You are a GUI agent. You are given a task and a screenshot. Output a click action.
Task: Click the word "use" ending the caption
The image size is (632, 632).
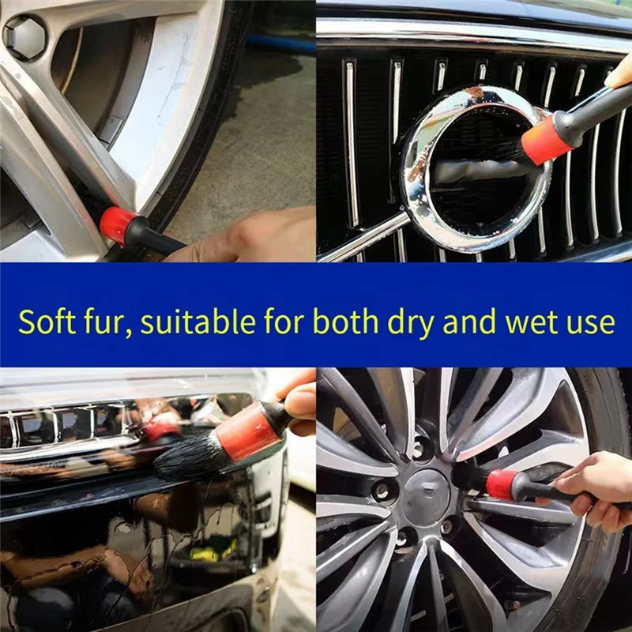(591, 324)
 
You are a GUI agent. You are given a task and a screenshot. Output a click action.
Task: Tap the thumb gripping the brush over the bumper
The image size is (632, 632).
(300, 402)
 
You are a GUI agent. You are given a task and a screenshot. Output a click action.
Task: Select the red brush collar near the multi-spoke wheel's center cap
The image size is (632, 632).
(502, 484)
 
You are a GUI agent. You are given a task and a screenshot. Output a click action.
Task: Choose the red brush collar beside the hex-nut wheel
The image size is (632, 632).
(117, 224)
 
